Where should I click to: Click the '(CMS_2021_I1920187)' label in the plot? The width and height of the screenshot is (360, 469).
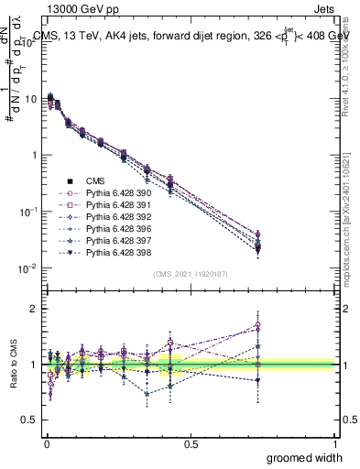[x=190, y=273]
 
